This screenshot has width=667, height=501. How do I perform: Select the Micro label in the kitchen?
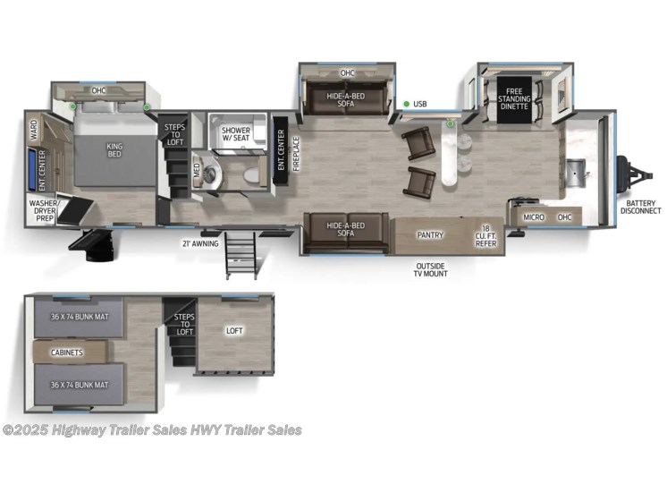(x=534, y=217)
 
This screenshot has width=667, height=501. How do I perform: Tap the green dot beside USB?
(x=407, y=105)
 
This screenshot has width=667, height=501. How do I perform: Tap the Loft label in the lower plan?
(x=235, y=331)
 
